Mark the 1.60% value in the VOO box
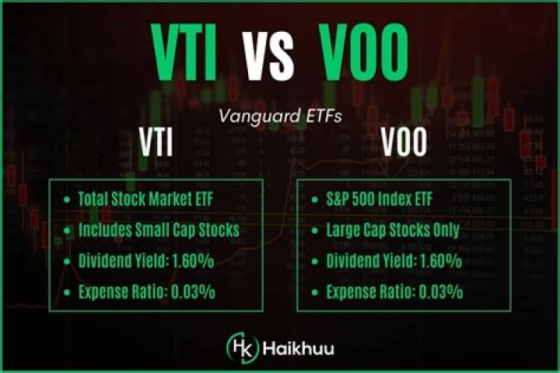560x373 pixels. tap(437, 261)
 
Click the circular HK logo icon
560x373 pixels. tap(237, 344)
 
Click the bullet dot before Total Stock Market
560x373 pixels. tap(68, 199)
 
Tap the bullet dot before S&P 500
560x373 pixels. tap(317, 199)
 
